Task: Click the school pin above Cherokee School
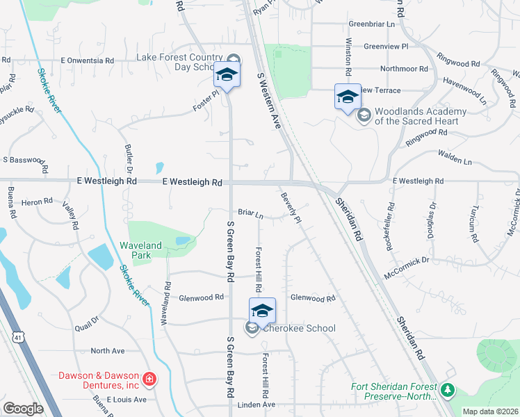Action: pyautogui.click(x=263, y=310)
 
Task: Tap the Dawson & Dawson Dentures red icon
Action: pyautogui.click(x=149, y=379)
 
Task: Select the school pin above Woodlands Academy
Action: pyautogui.click(x=348, y=97)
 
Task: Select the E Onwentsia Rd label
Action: pyautogui.click(x=87, y=60)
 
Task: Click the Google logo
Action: pyautogui.click(x=23, y=409)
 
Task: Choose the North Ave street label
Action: pyautogui.click(x=107, y=351)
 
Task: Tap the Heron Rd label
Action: pyautogui.click(x=38, y=201)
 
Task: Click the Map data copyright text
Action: pyautogui.click(x=490, y=411)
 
